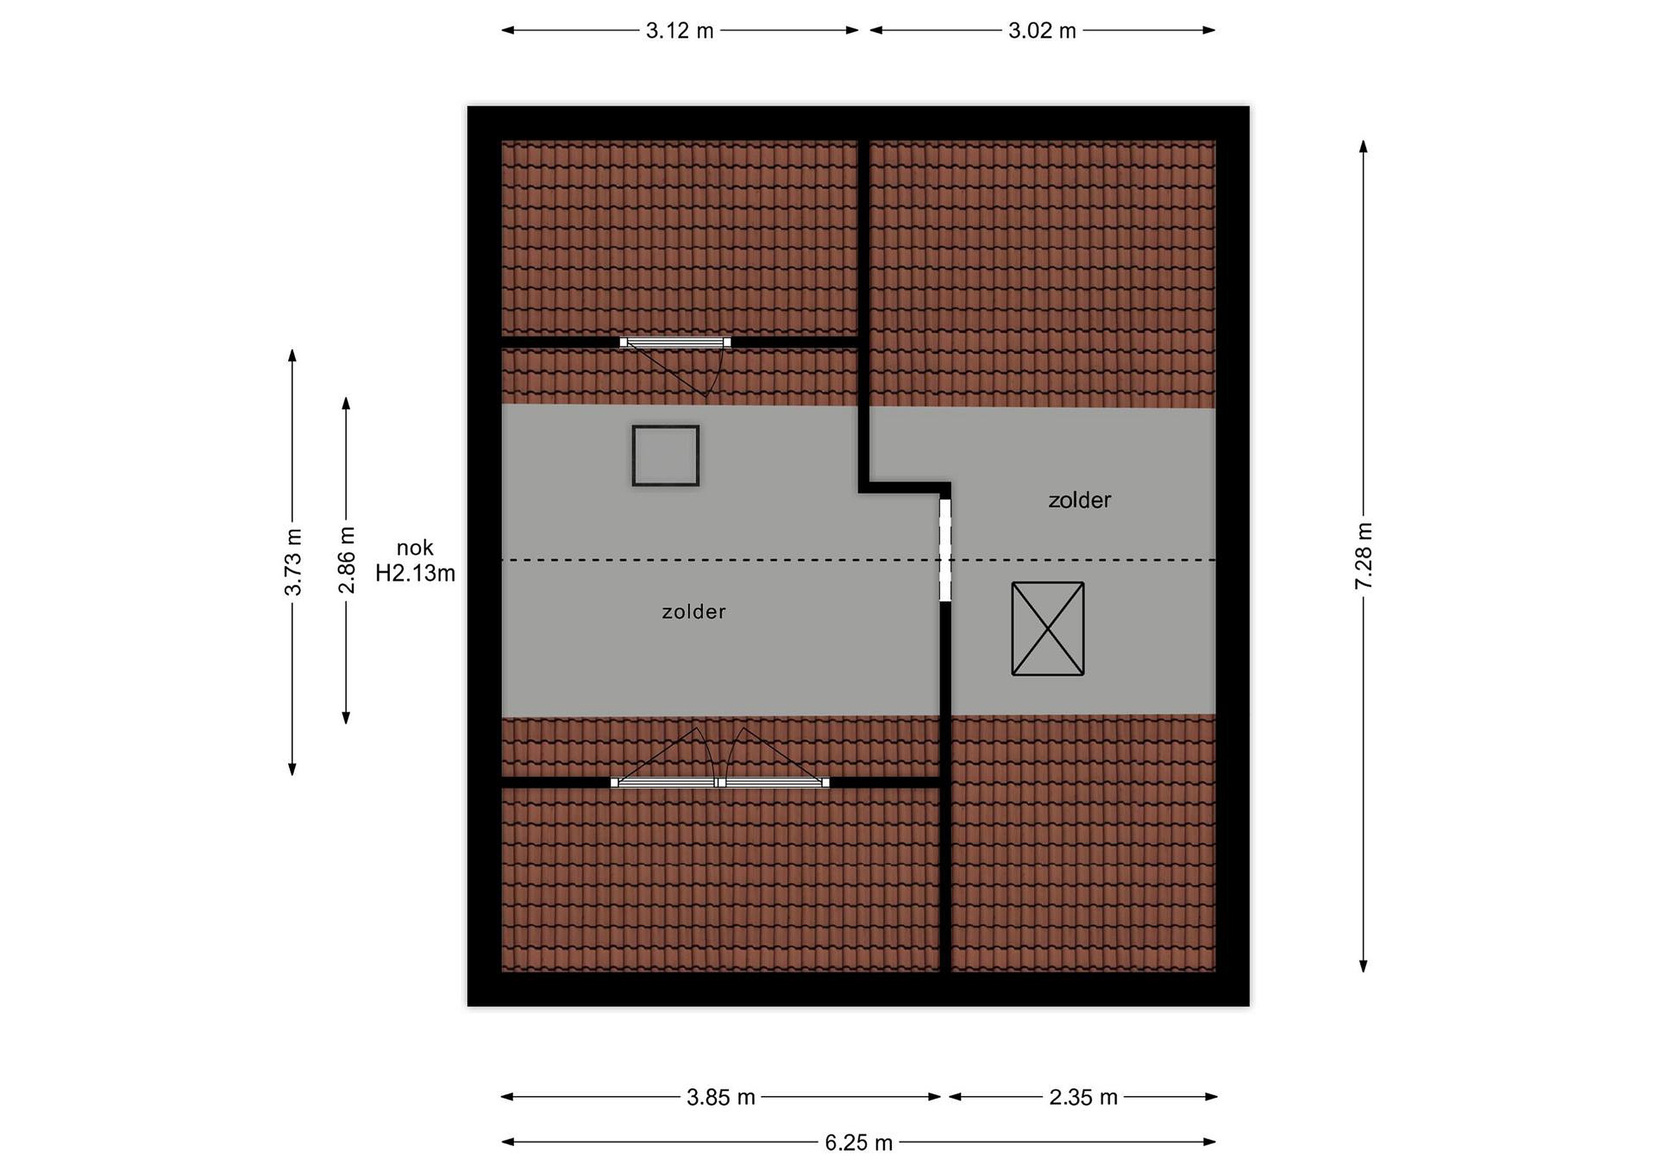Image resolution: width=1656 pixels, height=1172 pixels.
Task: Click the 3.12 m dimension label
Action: pos(680,31)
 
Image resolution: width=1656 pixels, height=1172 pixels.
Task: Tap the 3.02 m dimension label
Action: pos(1042,31)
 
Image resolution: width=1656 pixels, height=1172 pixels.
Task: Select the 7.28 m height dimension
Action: pos(1363,556)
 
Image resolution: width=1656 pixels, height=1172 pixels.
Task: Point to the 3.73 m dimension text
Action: pos(293,562)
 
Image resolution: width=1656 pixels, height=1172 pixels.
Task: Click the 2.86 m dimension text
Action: pos(346,560)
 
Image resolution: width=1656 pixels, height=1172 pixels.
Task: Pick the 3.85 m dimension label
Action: pos(720,1098)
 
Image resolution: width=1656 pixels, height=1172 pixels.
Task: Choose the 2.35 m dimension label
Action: pos(1083,1098)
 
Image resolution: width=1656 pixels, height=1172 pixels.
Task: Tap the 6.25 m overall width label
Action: pos(859,1143)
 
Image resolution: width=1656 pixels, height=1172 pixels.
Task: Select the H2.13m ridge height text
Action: pos(416,574)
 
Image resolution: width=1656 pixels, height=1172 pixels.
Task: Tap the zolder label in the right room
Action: pos(1080,500)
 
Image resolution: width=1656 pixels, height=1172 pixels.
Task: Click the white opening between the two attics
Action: pos(945,550)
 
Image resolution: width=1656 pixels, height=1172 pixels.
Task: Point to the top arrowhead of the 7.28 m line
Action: pos(1363,147)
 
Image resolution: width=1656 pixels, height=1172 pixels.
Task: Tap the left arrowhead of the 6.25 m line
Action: pos(508,1143)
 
